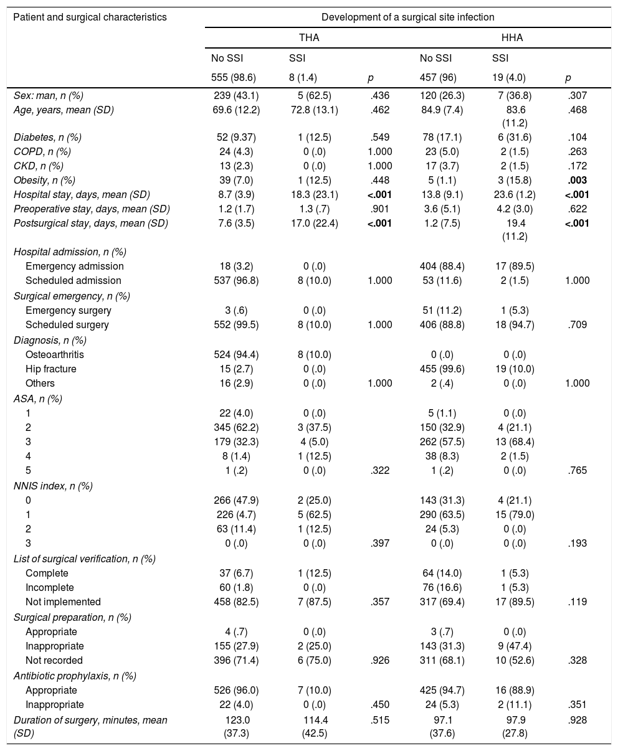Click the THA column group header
click(x=309, y=38)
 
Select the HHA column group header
click(x=511, y=38)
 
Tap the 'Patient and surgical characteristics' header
click(x=90, y=17)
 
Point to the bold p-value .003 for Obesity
click(x=577, y=179)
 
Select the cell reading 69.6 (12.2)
click(x=236, y=110)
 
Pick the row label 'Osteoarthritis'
click(x=55, y=354)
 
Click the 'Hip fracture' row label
click(x=50, y=369)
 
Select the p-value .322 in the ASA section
click(x=379, y=470)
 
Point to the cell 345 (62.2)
click(x=236, y=427)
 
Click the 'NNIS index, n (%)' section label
click(x=53, y=485)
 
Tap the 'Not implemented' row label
click(x=63, y=602)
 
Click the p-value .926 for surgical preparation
click(x=379, y=660)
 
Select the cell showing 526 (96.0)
click(x=236, y=690)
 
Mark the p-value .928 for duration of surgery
click(x=577, y=720)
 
